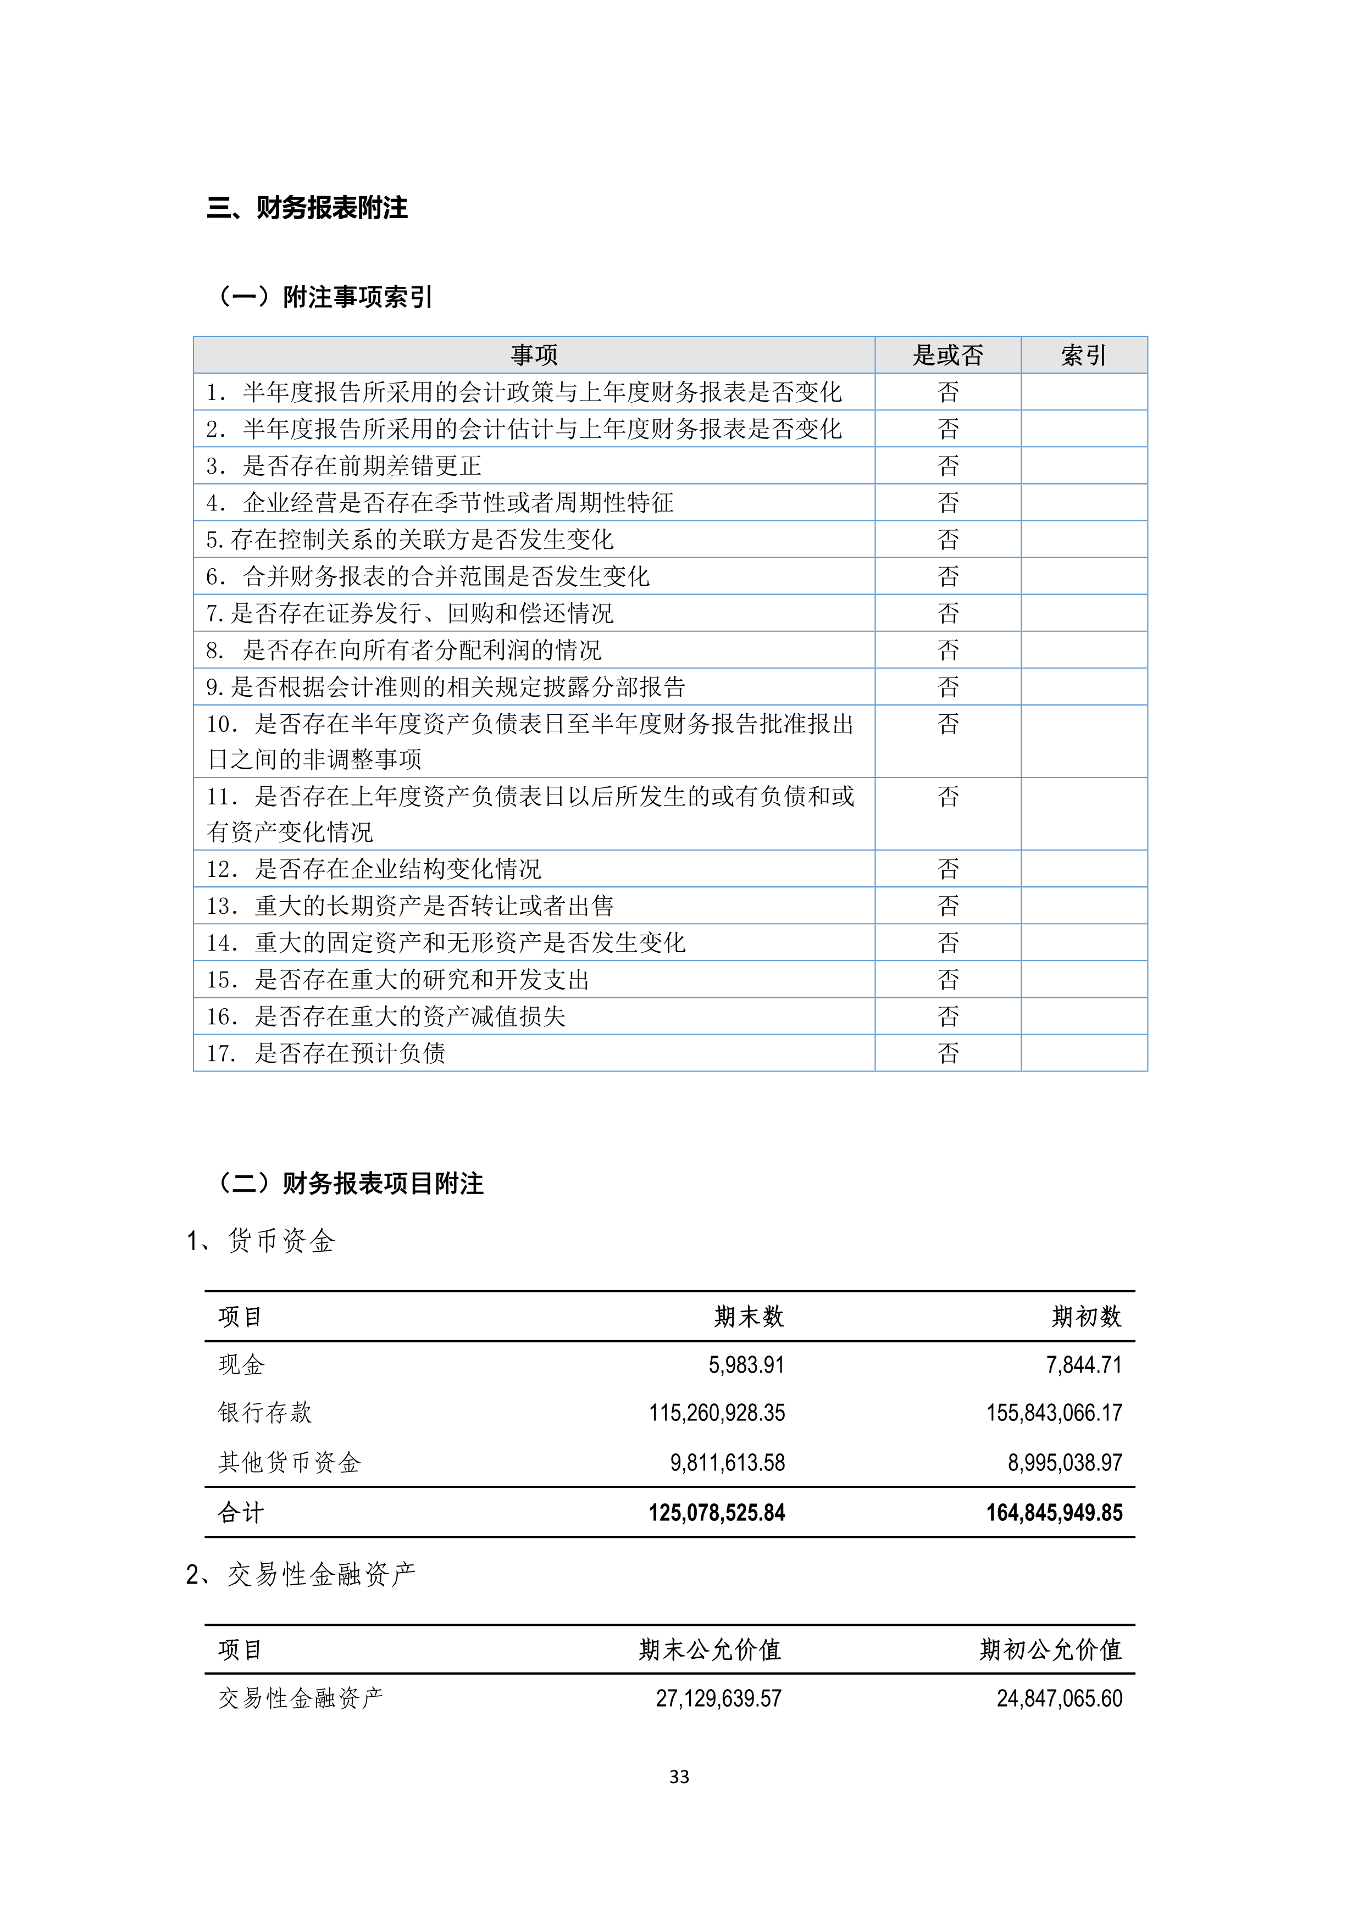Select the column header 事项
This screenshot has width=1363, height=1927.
tap(534, 355)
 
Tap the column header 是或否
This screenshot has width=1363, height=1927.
tap(948, 355)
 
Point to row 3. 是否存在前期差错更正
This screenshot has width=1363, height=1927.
tap(344, 466)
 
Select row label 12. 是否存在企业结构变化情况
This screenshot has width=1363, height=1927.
tap(374, 869)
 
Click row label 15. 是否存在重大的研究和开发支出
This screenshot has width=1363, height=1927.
tap(398, 980)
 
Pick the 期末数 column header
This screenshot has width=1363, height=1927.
tap(749, 1316)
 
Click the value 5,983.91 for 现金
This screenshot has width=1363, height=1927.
tap(746, 1365)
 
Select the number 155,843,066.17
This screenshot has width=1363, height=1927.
tap(1054, 1413)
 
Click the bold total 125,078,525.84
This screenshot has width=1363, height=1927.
tap(717, 1512)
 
